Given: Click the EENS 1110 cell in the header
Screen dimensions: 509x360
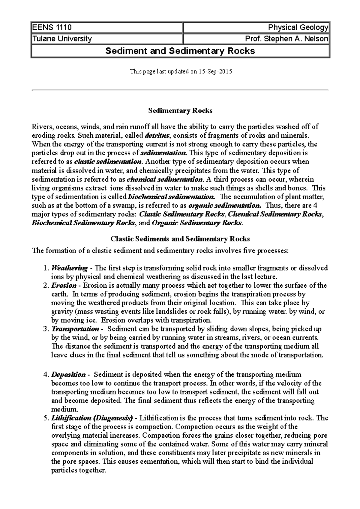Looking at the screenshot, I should (x=52, y=28).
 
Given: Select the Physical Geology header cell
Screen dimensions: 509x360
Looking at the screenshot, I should (x=298, y=28).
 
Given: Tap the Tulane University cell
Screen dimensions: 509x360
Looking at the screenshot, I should (x=62, y=39).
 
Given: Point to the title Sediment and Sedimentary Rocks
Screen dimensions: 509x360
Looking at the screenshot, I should (x=180, y=51).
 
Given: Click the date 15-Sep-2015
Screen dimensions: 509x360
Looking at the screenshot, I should (x=215, y=72).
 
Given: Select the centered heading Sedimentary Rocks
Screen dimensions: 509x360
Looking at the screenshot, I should (x=180, y=111).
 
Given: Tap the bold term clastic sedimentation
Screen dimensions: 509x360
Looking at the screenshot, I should (x=108, y=162).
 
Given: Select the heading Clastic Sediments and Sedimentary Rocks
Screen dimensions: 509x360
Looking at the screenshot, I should (x=180, y=239).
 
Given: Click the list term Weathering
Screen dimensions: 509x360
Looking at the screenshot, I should (x=70, y=268).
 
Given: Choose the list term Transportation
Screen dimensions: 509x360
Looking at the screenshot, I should (x=75, y=329).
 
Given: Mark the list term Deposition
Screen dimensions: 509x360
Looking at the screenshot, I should (x=69, y=374).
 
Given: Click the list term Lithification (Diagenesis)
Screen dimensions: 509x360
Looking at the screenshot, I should (x=92, y=418).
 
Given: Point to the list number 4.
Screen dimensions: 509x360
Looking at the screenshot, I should (x=46, y=374).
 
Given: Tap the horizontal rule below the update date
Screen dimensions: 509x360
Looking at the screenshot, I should (x=180, y=90).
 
